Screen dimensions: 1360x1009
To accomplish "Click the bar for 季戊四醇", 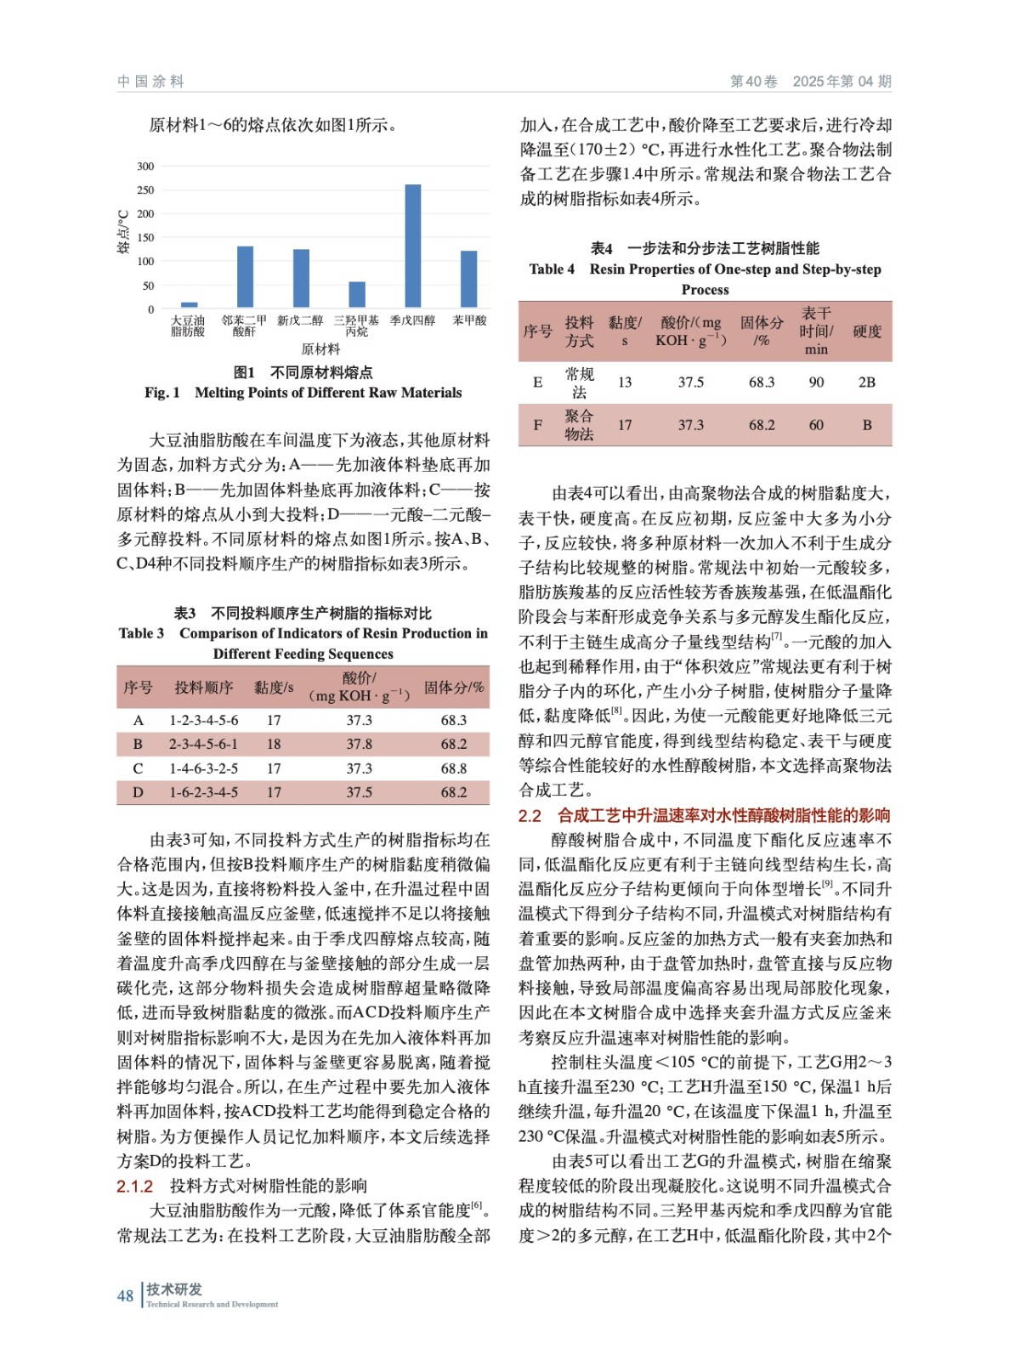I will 412,245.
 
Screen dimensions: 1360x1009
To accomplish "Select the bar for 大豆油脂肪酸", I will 189,303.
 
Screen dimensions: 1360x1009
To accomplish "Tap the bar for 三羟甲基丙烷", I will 357,293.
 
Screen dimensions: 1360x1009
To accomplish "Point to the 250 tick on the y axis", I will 145,190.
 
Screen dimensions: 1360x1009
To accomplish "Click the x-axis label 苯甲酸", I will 469,320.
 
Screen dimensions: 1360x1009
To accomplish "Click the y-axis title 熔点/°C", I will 124,232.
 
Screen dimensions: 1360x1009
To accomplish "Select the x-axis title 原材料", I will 320,348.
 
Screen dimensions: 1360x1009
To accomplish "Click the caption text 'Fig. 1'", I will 162,393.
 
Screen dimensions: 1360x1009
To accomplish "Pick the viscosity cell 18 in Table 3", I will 274,744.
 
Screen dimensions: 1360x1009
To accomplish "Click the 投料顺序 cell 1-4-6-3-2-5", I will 203,768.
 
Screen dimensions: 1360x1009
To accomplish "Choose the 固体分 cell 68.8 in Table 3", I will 453,768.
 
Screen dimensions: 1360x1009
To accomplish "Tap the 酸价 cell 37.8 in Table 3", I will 359,744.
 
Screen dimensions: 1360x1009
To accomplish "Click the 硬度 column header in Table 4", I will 866,331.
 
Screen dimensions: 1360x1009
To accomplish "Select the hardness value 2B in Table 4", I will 866,382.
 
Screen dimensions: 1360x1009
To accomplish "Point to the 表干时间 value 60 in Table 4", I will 816,425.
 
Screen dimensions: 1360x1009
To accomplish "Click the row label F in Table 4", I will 537,425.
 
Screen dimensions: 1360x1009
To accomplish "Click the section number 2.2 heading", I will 530,816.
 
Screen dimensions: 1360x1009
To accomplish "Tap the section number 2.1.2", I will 134,1186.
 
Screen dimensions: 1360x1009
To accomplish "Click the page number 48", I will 125,1295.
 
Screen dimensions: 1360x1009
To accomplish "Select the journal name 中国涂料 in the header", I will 150,82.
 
